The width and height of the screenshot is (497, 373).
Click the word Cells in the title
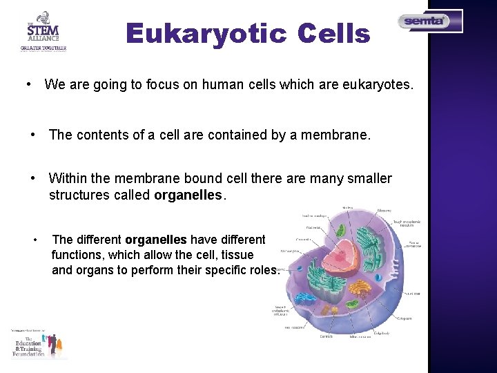click(x=334, y=33)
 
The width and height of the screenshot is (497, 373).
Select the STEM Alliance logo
click(x=43, y=31)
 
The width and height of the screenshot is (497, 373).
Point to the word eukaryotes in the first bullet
click(x=378, y=85)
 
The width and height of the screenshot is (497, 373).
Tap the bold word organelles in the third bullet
click(x=188, y=195)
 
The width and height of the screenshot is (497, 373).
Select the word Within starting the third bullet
click(x=69, y=179)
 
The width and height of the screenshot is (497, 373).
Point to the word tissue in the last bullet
click(x=237, y=255)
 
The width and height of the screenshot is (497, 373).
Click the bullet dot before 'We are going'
click(x=26, y=85)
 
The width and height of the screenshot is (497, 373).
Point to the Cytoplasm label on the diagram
click(x=406, y=318)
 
